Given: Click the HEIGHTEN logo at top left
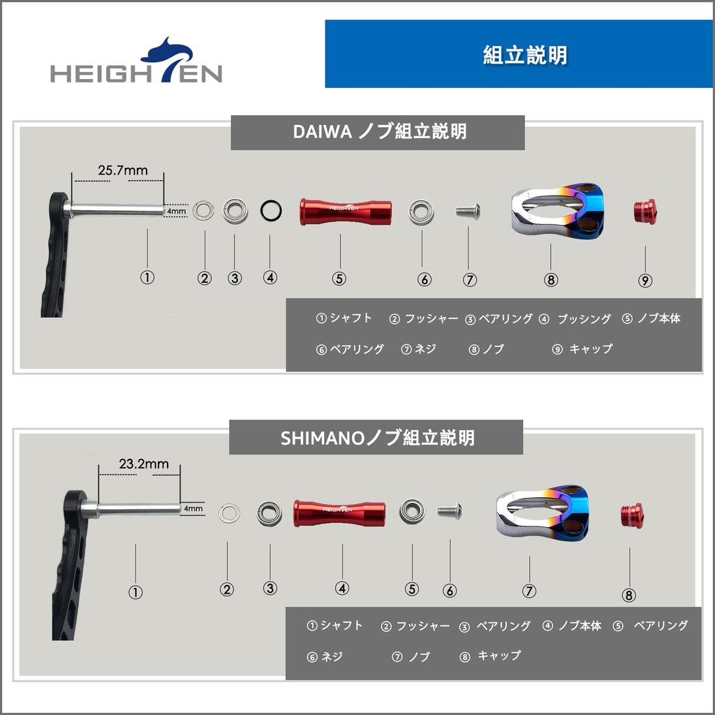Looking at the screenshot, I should click(x=136, y=63).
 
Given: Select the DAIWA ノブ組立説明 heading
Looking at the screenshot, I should click(x=377, y=132).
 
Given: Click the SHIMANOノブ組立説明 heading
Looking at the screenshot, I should click(x=376, y=438).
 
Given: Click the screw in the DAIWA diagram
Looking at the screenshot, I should click(x=468, y=210).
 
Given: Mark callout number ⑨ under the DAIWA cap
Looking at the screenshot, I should click(x=645, y=281).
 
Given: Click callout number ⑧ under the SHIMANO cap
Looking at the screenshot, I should click(x=629, y=595).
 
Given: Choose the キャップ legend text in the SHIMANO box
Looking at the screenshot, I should click(x=499, y=656).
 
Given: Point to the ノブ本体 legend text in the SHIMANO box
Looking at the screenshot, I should click(x=579, y=626).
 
